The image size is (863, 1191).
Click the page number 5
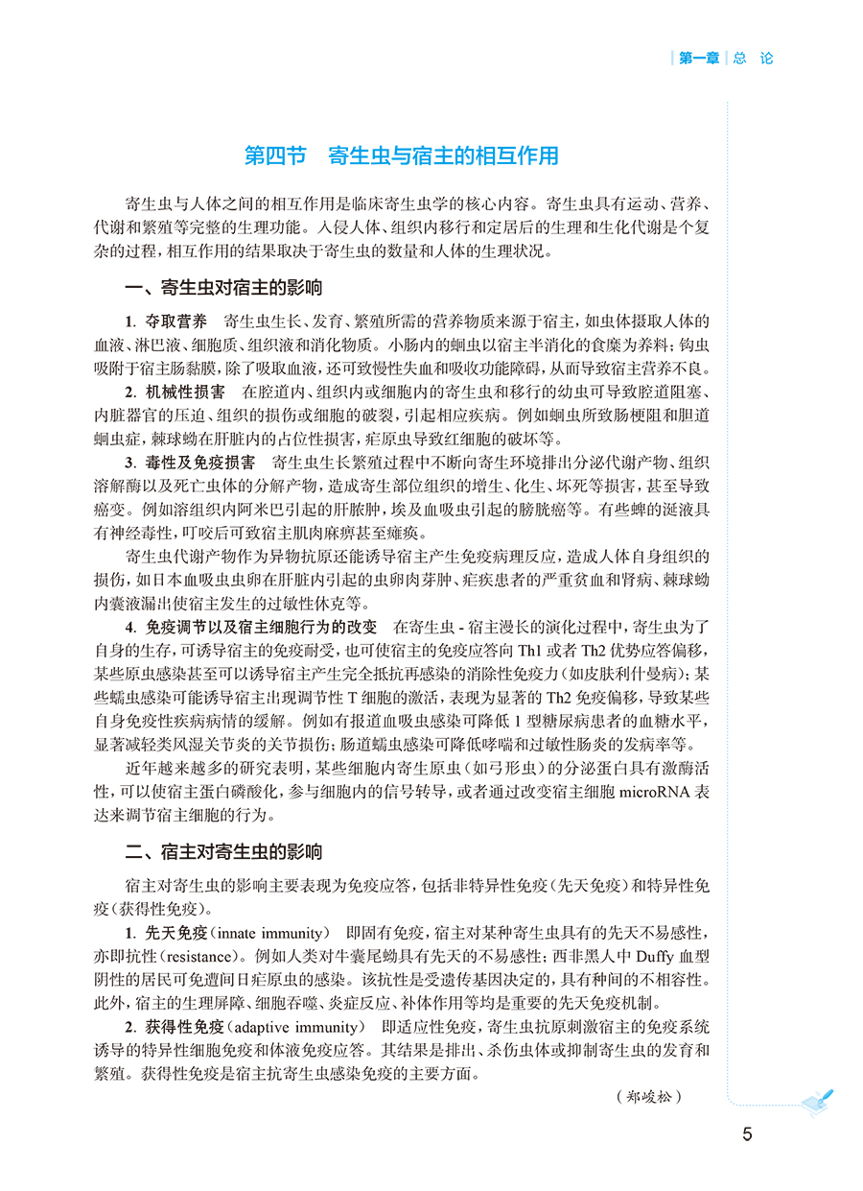click(747, 1133)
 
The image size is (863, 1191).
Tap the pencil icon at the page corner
click(816, 1102)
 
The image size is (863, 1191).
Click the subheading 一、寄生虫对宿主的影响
click(224, 288)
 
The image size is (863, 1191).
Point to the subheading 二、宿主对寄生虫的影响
click(224, 852)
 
